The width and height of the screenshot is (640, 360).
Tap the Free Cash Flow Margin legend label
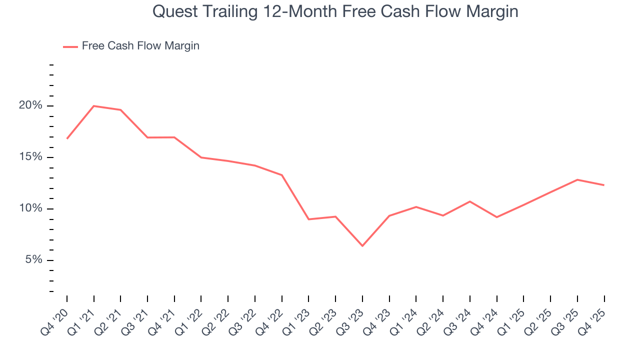pos(140,46)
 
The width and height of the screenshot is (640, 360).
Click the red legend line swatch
pos(70,46)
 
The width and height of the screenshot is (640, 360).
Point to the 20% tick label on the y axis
pos(30,106)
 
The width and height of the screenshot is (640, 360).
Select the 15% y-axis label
pos(30,157)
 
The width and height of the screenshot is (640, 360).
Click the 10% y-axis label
pos(30,209)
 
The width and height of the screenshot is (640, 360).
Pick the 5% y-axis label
pos(32,260)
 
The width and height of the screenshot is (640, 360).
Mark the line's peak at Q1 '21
pos(94,106)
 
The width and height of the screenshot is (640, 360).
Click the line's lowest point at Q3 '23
pos(362,246)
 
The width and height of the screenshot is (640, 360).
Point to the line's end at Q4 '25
pos(604,185)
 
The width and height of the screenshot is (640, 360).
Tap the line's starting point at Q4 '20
pos(67,138)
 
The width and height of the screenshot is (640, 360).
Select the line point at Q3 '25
pos(577,179)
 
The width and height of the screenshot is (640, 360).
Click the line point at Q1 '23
pos(309,219)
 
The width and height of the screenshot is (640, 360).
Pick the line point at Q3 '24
pos(470,201)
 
